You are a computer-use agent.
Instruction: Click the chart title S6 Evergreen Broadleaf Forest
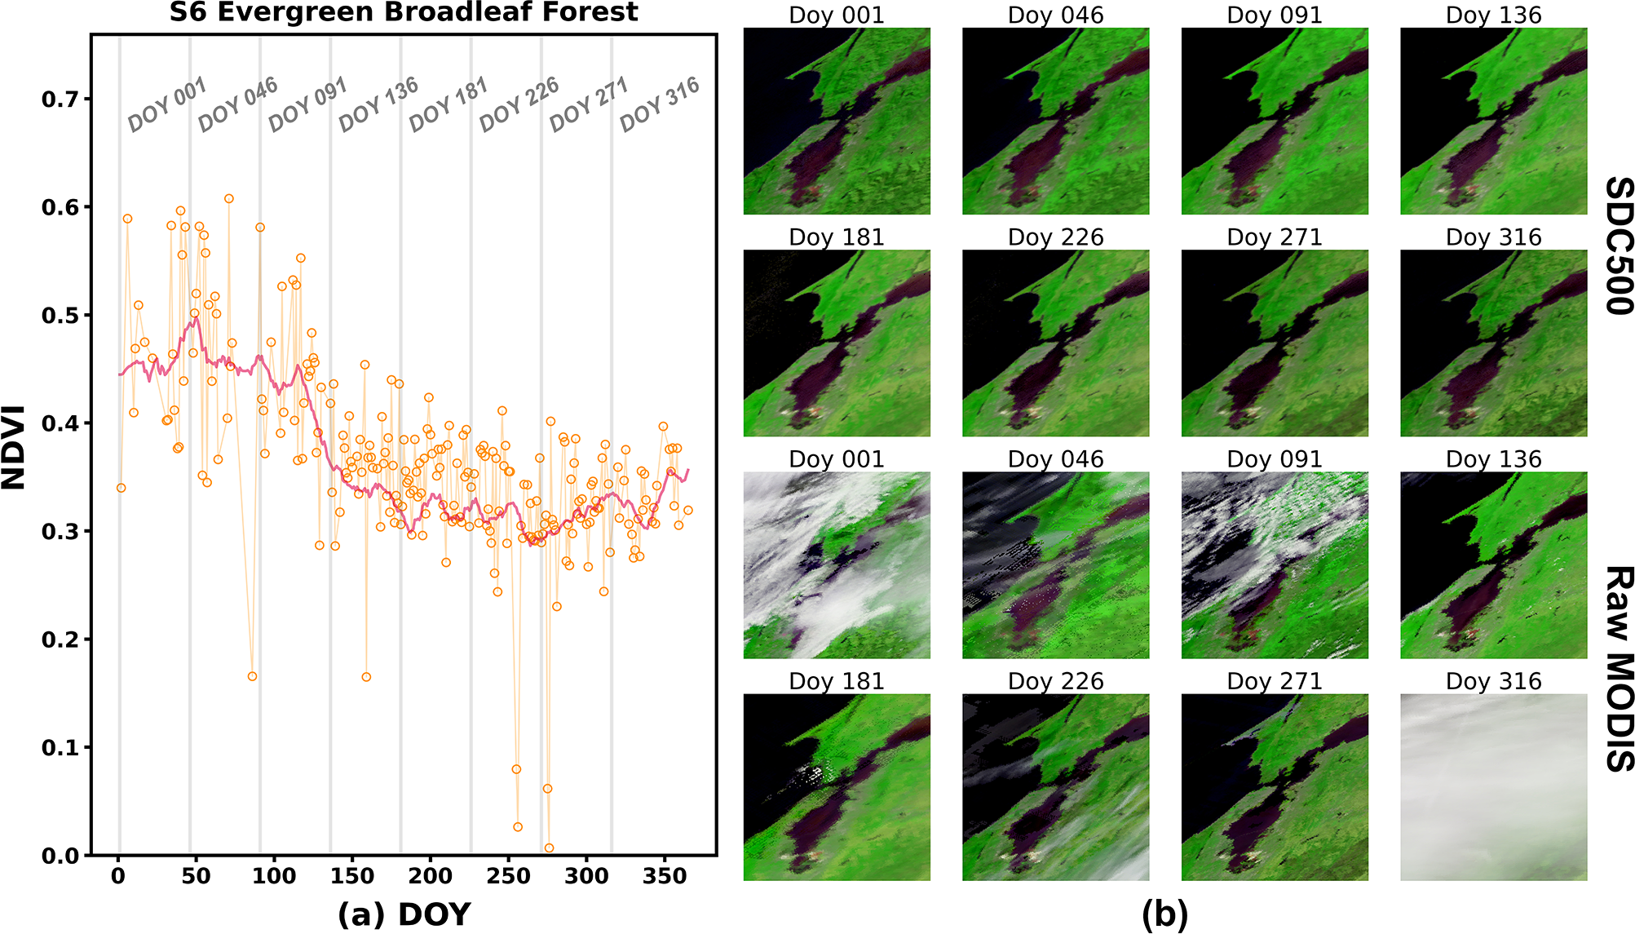404,12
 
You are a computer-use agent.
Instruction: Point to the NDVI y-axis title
14,447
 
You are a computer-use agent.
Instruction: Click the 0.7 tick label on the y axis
60,100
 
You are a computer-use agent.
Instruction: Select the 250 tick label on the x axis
508,876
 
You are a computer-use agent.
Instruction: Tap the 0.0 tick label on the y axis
60,856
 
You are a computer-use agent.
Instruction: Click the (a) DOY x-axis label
404,914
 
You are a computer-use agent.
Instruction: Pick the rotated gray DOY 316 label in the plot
659,104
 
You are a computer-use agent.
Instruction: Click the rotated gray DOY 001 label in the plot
167,104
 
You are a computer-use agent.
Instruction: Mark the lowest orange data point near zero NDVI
549,848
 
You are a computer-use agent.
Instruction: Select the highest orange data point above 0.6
229,198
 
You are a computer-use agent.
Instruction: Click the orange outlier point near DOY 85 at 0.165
252,676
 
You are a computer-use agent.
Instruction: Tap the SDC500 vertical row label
1618,246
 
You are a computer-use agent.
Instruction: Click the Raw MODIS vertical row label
1618,669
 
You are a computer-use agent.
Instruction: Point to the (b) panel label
1164,914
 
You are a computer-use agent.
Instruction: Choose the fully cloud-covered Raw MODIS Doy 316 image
1493,787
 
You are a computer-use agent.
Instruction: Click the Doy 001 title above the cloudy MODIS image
836,459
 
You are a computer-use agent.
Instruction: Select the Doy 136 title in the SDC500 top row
1493,15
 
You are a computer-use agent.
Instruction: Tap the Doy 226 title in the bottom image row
1055,681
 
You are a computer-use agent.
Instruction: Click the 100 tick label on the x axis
274,876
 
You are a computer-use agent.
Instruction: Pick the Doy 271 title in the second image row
1275,237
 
